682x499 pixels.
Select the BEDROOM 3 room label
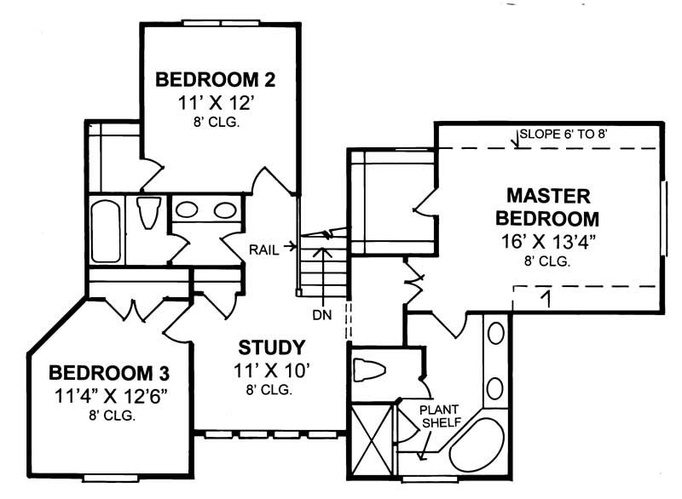point(108,373)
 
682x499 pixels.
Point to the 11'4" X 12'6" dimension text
point(108,397)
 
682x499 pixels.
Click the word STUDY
point(272,347)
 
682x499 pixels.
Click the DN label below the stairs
point(321,315)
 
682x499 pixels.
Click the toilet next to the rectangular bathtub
point(148,213)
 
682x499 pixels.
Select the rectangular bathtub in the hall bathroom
point(106,230)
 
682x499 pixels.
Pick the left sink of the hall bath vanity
point(185,209)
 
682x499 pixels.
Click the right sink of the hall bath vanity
point(224,209)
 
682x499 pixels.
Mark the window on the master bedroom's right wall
point(664,216)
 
